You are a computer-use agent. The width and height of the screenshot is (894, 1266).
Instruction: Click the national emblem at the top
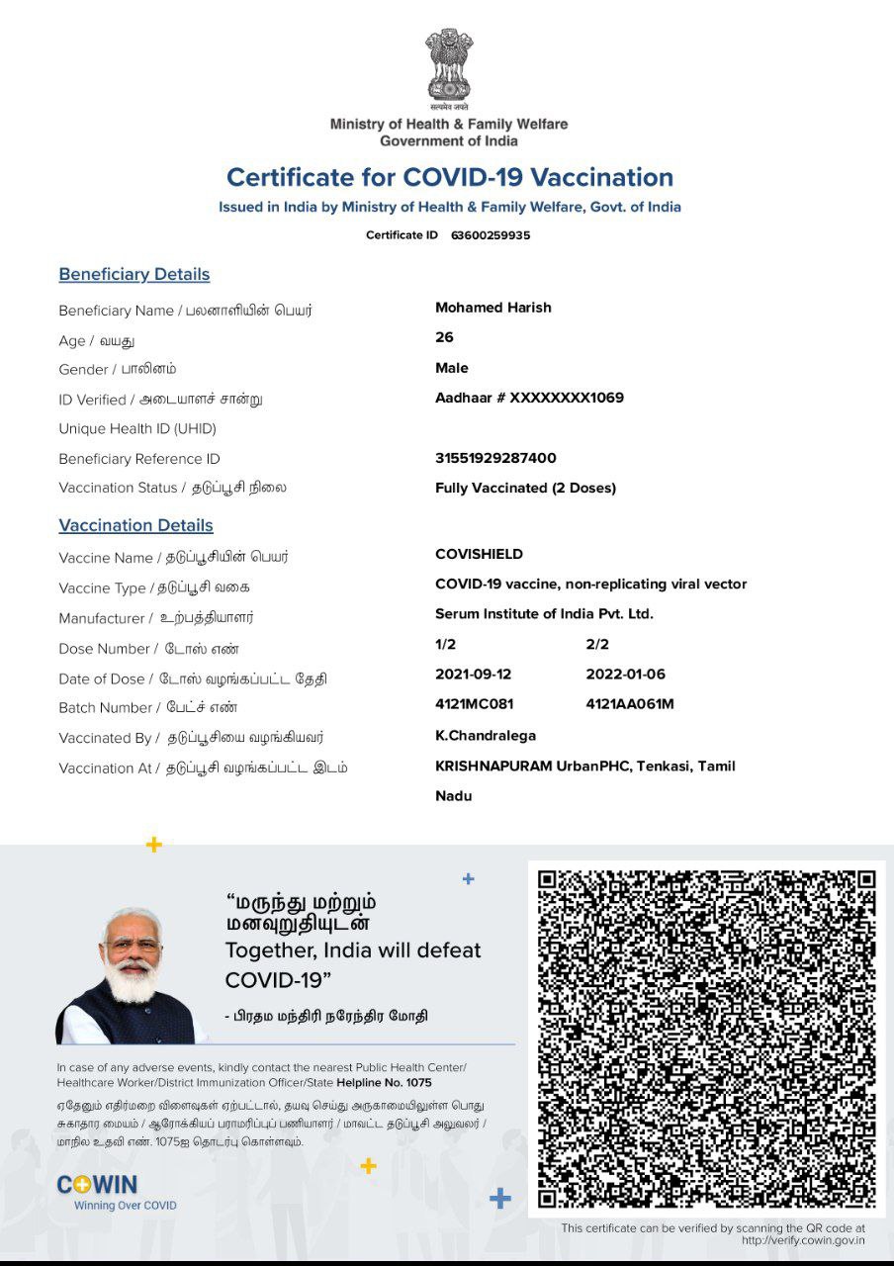(449, 67)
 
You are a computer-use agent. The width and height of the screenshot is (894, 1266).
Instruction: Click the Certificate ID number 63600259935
(491, 235)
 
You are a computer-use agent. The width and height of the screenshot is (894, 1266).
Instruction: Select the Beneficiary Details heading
(134, 274)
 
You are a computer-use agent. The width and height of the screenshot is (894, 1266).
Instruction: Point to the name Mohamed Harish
(493, 308)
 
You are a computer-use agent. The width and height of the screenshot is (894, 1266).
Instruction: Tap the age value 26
(444, 337)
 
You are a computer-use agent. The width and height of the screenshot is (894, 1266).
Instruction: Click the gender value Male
(452, 368)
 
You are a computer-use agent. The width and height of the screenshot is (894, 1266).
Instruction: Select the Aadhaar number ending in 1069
(529, 398)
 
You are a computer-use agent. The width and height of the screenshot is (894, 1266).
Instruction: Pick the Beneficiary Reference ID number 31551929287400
(495, 458)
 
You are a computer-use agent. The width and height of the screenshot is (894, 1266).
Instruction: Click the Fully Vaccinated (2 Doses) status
(525, 488)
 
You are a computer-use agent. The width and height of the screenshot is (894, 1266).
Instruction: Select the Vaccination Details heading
(135, 525)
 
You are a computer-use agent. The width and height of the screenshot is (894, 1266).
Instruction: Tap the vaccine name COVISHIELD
(480, 554)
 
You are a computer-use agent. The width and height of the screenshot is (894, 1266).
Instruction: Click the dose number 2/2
(597, 644)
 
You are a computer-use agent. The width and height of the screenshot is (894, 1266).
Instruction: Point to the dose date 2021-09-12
(475, 675)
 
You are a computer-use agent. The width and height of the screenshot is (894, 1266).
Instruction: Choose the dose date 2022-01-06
(626, 675)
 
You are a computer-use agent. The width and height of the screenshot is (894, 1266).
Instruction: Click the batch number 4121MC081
(475, 704)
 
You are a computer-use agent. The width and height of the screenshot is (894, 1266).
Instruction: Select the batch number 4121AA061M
(630, 704)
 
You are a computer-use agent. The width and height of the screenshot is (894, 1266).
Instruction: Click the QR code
(707, 1039)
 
